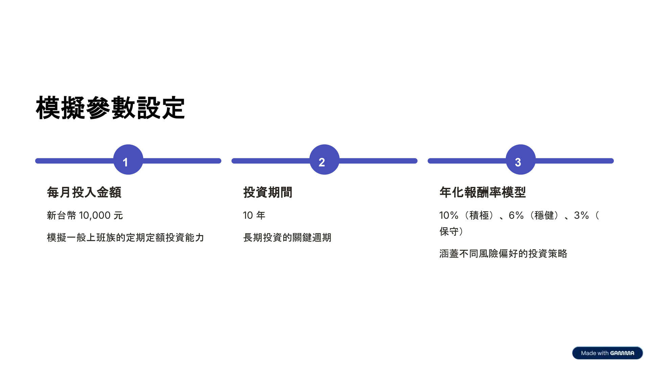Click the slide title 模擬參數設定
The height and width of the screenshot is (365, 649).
[x=110, y=108]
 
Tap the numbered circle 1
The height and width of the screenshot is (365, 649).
[x=128, y=160]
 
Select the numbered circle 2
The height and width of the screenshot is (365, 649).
[x=324, y=160]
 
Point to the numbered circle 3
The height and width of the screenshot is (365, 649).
[x=521, y=160]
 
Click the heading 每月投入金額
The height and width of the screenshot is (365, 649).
[x=84, y=192]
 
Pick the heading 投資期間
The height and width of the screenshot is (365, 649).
[x=268, y=192]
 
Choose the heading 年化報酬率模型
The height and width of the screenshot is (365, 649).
[x=482, y=192]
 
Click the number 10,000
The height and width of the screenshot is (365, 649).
[x=95, y=215]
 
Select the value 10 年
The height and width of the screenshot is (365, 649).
[x=254, y=215]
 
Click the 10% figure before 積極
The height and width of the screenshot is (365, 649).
[x=449, y=215]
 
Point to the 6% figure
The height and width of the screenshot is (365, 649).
[x=516, y=215]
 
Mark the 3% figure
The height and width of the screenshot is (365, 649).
[x=581, y=215]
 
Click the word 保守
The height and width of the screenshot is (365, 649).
[x=449, y=232]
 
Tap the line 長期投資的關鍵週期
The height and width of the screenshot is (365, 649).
[x=287, y=238]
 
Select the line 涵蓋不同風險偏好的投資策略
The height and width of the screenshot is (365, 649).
[x=503, y=253]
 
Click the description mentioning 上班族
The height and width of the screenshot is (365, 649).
[x=125, y=238]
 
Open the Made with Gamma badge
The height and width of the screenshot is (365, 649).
[x=607, y=353]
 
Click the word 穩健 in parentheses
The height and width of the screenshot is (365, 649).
[x=544, y=215]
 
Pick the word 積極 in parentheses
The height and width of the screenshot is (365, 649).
[x=479, y=215]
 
